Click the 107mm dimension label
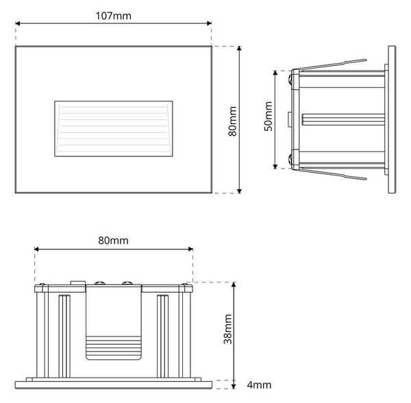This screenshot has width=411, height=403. pos(113,16)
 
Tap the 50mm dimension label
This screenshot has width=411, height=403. pos(268,116)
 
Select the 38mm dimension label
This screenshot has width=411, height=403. pos(228,329)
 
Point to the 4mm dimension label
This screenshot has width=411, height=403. pos(259,385)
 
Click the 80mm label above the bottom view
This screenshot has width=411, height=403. pos(113,241)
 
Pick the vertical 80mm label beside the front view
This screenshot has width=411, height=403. pos(232,121)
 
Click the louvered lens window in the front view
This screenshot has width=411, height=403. pos(114,129)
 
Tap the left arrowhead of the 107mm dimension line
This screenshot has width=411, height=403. pos(18,23)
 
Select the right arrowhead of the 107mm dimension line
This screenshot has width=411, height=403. pos(209,23)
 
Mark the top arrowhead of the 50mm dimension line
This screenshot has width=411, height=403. pos(275,73)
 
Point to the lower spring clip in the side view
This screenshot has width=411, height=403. pos(332,174)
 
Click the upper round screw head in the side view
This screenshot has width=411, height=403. pos(290,79)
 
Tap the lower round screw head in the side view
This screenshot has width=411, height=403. pos(290,159)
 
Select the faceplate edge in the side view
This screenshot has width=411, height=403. pos(392,120)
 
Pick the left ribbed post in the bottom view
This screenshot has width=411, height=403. pos(64,336)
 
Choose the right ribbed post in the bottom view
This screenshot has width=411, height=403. pos(163,336)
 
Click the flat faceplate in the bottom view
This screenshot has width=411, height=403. pos(114,385)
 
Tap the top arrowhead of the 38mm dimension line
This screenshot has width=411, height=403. pos(234,285)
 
